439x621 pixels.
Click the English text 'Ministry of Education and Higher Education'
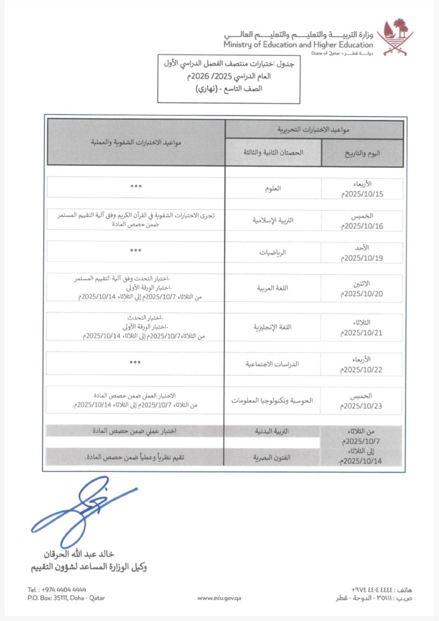pyautogui.click(x=299, y=44)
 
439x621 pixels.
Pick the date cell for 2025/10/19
pyautogui.click(x=362, y=253)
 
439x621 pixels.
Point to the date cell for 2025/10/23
pyautogui.click(x=362, y=401)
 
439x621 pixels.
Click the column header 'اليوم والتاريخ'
pyautogui.click(x=362, y=153)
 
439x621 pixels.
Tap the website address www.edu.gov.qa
pyautogui.click(x=219, y=598)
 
